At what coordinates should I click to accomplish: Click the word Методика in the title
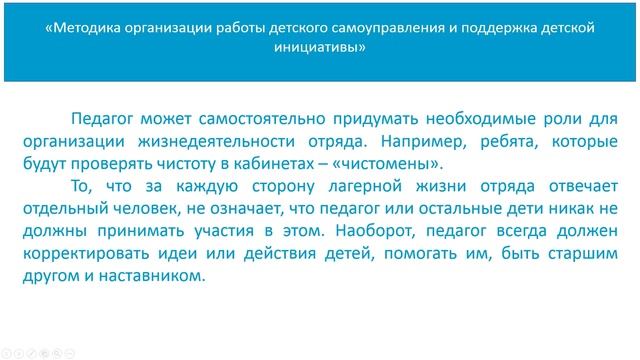point(86,29)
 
